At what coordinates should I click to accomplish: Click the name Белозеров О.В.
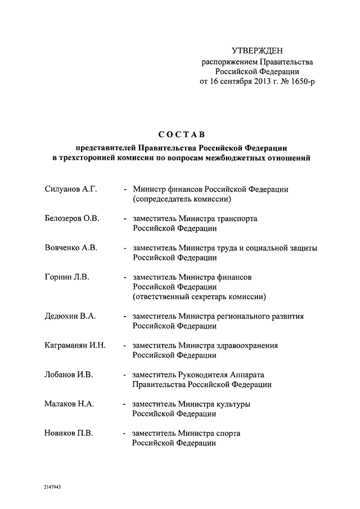pyautogui.click(x=71, y=218)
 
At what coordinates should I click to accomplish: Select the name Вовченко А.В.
pyautogui.click(x=71, y=247)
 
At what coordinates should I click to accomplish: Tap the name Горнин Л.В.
pyautogui.click(x=67, y=277)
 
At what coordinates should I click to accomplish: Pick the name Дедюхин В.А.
pyautogui.click(x=70, y=316)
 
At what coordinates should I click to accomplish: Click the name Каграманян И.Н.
pyautogui.click(x=75, y=345)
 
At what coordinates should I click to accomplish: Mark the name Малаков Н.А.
pyautogui.click(x=69, y=404)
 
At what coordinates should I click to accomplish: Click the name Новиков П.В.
pyautogui.click(x=69, y=433)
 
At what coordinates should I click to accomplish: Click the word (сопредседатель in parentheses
pyautogui.click(x=165, y=199)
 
